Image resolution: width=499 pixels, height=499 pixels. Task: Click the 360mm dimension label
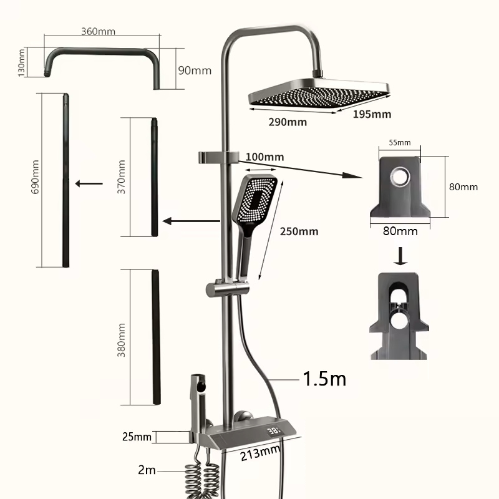pyautogui.click(x=98, y=32)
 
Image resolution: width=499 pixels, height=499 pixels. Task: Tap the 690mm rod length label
pyautogui.click(x=35, y=177)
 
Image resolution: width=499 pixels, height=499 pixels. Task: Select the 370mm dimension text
pyautogui.click(x=121, y=177)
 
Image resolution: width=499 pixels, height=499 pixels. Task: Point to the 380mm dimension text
pyautogui.click(x=121, y=340)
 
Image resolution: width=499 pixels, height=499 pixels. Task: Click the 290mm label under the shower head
pyautogui.click(x=288, y=122)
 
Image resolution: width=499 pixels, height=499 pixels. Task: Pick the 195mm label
pyautogui.click(x=372, y=114)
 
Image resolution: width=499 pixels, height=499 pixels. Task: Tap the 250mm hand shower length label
pyautogui.click(x=299, y=231)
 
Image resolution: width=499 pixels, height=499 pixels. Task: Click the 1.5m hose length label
pyautogui.click(x=324, y=379)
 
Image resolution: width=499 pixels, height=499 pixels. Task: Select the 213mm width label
pyautogui.click(x=260, y=453)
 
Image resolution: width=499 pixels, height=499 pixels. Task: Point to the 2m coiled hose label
pyautogui.click(x=147, y=470)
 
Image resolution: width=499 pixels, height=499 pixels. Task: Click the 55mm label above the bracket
pyautogui.click(x=400, y=143)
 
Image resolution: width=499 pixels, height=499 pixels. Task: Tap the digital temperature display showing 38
pyautogui.click(x=274, y=431)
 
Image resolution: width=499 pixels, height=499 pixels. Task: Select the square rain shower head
pyautogui.click(x=319, y=93)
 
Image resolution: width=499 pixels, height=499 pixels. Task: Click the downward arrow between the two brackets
pyautogui.click(x=400, y=256)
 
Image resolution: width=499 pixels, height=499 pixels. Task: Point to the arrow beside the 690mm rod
pyautogui.click(x=89, y=183)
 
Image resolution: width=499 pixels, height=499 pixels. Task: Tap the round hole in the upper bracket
pyautogui.click(x=400, y=176)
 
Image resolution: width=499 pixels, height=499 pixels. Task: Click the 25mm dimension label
pyautogui.click(x=137, y=437)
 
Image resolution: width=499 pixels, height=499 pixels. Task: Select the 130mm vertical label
pyautogui.click(x=21, y=63)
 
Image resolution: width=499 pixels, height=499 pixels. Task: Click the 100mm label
pyautogui.click(x=264, y=157)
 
